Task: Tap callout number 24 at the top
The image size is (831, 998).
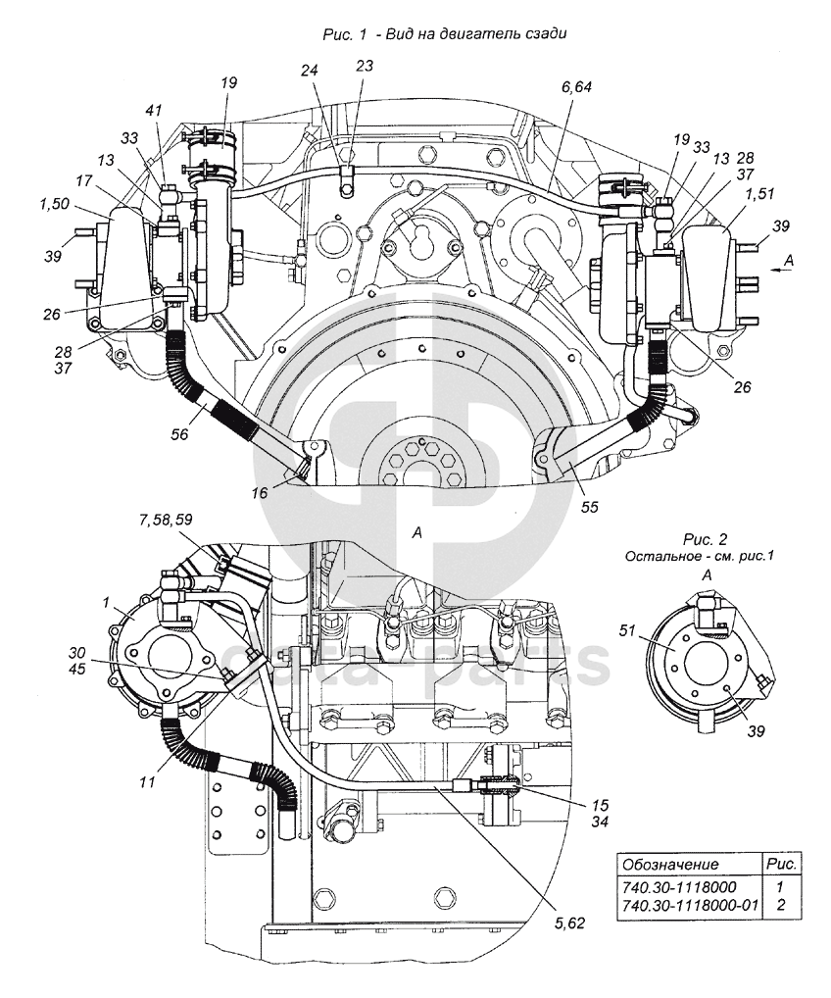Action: pyautogui.click(x=311, y=70)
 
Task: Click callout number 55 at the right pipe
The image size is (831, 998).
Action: pyautogui.click(x=589, y=508)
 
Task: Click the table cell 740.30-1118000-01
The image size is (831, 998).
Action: pyautogui.click(x=691, y=904)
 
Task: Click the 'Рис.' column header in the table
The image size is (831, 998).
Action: pyautogui.click(x=781, y=865)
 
